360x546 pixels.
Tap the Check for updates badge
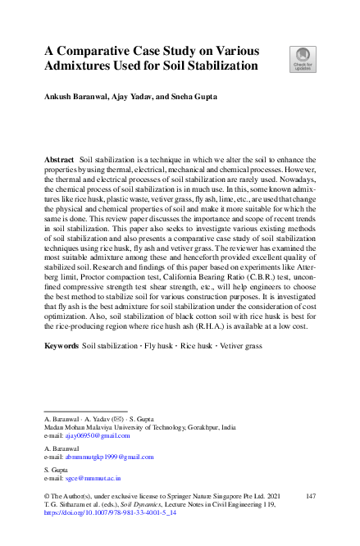[302, 57]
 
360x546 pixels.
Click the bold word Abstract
[59, 157]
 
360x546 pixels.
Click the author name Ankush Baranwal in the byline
[75, 97]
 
